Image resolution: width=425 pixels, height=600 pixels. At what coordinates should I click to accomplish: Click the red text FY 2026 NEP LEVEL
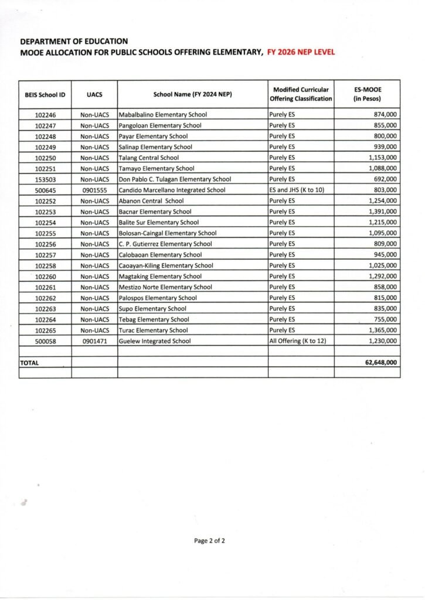click(x=301, y=52)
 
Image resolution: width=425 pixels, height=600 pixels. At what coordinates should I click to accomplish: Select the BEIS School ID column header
click(x=45, y=94)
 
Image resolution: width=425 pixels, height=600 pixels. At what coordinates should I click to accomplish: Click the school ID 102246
click(x=45, y=115)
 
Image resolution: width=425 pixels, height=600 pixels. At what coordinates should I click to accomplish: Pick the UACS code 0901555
click(x=94, y=190)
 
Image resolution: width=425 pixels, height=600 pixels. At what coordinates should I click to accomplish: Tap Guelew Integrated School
click(x=155, y=341)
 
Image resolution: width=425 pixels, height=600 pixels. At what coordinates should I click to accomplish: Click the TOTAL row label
click(x=29, y=363)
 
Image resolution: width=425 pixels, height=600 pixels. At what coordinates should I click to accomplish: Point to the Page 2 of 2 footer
click(x=209, y=541)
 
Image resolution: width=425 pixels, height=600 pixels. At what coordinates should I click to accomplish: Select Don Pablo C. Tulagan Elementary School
click(x=175, y=179)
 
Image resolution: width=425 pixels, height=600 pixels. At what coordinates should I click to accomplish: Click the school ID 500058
click(x=45, y=341)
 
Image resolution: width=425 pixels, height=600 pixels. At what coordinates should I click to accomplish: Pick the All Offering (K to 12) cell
click(x=297, y=341)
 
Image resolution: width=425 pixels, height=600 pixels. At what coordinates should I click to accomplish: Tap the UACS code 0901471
click(x=94, y=341)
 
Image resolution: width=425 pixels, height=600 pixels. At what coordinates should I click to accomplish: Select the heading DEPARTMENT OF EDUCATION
click(x=74, y=42)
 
